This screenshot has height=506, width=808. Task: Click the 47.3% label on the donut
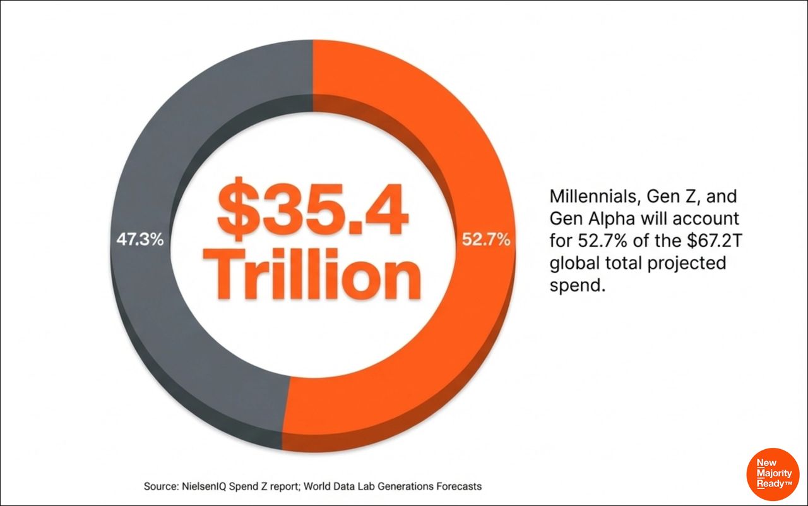pos(140,241)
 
